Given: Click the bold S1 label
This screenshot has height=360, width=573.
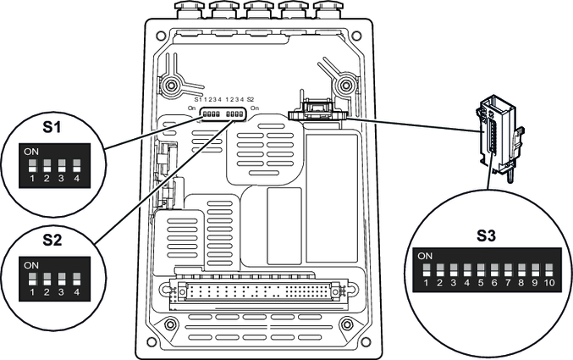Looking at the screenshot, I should pyautogui.click(x=52, y=129).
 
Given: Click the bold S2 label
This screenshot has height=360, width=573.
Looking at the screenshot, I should pyautogui.click(x=52, y=240).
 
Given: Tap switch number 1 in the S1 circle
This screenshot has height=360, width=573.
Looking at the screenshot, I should pyautogui.click(x=32, y=164).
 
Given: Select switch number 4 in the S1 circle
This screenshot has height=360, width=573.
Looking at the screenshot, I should pyautogui.click(x=76, y=164).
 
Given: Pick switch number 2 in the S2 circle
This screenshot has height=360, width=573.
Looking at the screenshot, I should pyautogui.click(x=47, y=278).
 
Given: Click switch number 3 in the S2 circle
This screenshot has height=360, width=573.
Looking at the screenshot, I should pyautogui.click(x=62, y=278).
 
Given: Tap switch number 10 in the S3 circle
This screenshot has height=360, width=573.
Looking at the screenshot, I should pyautogui.click(x=549, y=270).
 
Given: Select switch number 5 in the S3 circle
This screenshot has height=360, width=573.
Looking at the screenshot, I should pyautogui.click(x=481, y=270).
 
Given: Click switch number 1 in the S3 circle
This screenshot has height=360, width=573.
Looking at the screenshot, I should pyautogui.click(x=427, y=270).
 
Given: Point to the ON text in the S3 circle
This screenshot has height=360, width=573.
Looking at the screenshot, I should pyautogui.click(x=425, y=255).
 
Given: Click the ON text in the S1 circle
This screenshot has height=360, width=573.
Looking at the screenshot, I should pyautogui.click(x=31, y=151).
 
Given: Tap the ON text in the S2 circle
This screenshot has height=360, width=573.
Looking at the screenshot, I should pyautogui.click(x=31, y=264).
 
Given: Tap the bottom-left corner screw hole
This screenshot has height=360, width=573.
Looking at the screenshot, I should pyautogui.click(x=170, y=325).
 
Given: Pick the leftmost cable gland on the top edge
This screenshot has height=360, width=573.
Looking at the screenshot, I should pyautogui.click(x=187, y=9).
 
